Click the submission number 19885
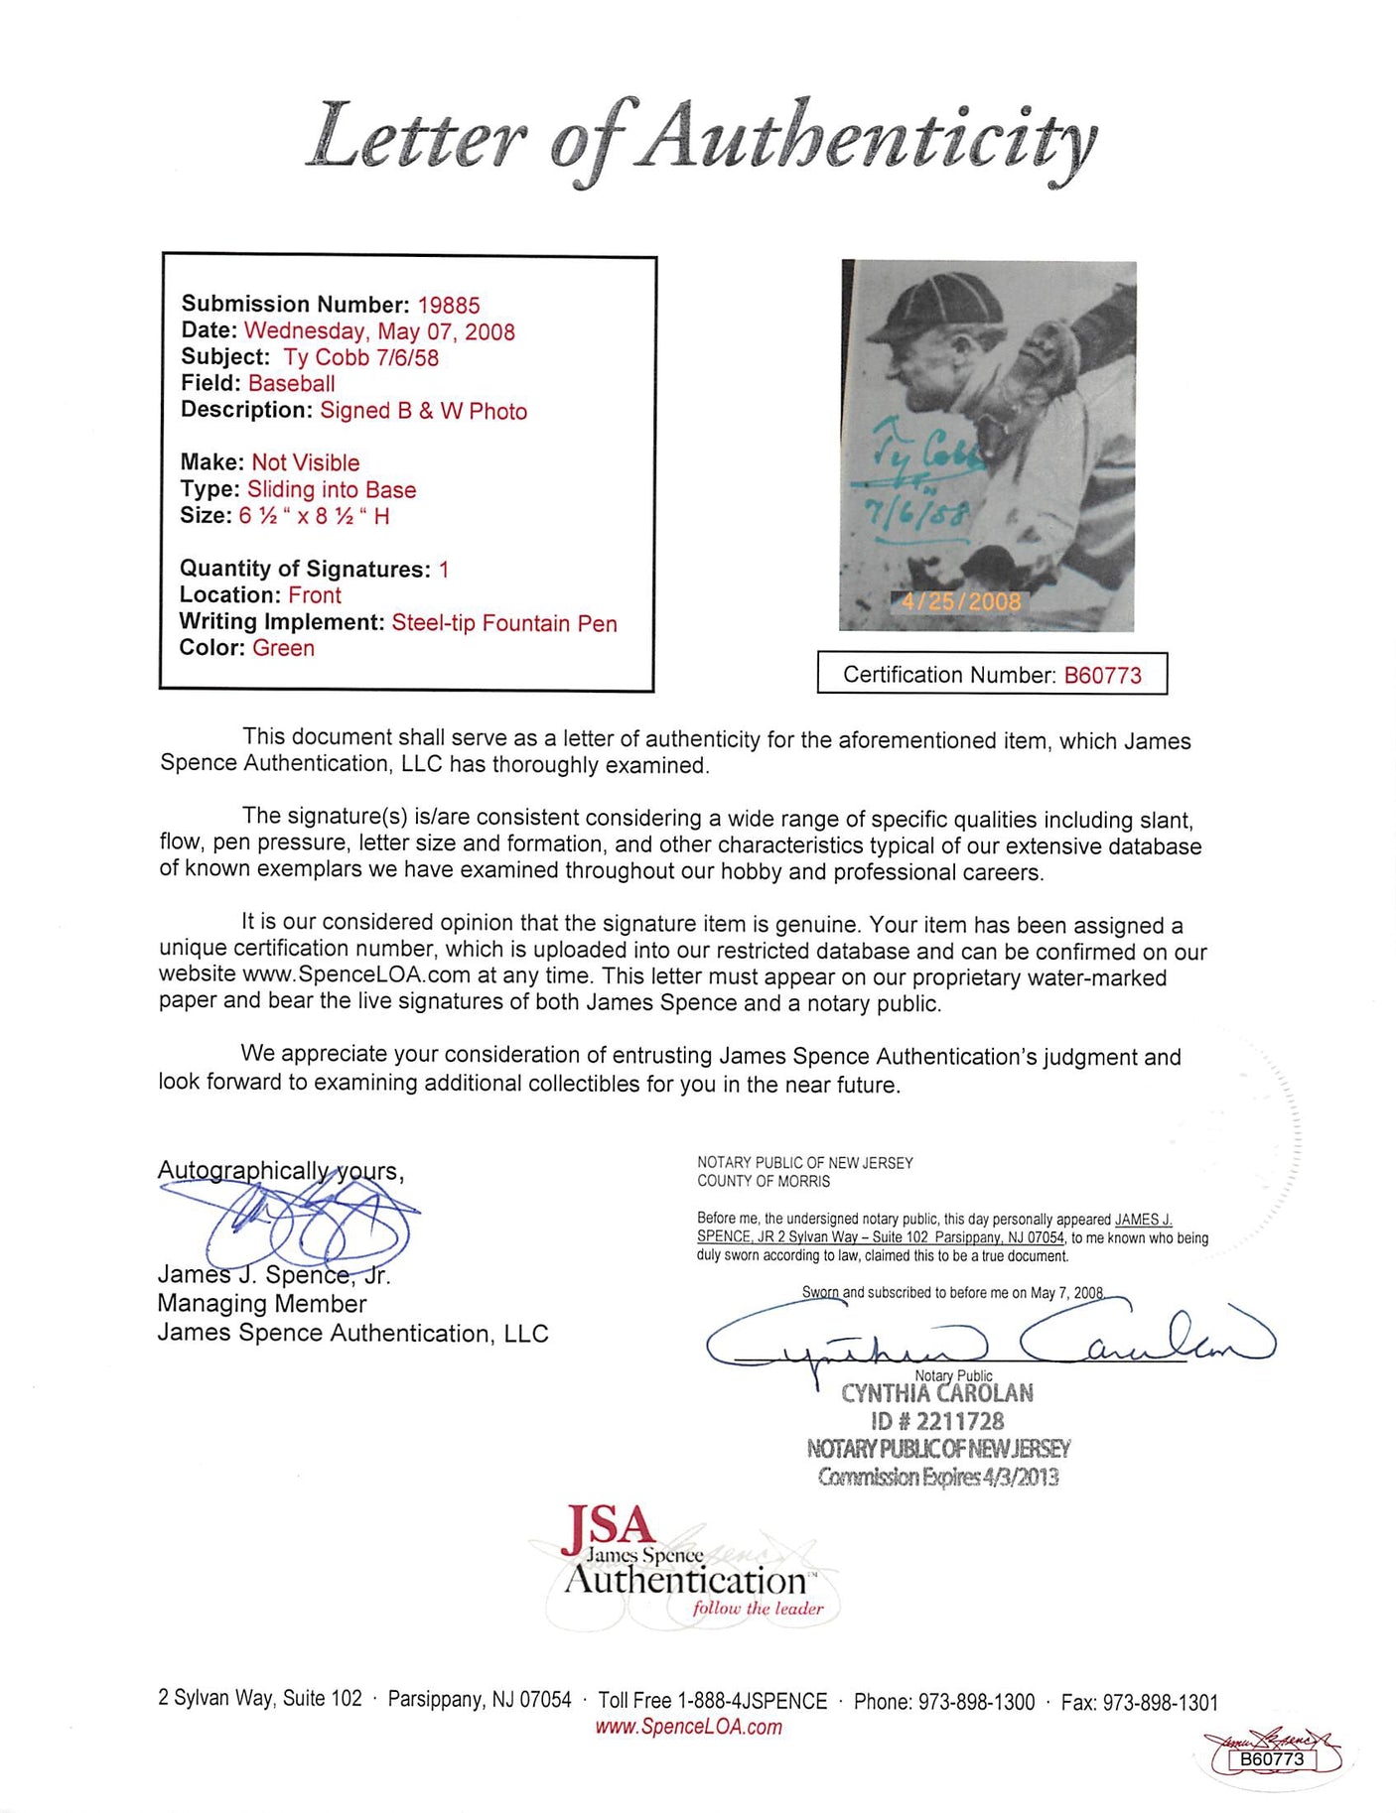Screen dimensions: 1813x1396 [x=448, y=305]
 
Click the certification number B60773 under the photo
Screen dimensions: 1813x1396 [x=1102, y=675]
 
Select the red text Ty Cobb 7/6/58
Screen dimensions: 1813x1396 [x=360, y=357]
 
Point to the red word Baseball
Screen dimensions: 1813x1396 [x=291, y=383]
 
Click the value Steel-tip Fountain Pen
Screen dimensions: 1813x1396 [x=504, y=622]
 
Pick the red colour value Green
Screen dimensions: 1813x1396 [x=283, y=648]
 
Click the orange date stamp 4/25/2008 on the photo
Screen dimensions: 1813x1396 [x=960, y=601]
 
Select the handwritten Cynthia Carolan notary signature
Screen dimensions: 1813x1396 [x=988, y=1340]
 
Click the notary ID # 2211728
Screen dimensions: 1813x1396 [x=937, y=1421]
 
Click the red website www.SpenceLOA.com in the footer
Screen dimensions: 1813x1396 [x=688, y=1727]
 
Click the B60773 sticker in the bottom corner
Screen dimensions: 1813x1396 [x=1272, y=1759]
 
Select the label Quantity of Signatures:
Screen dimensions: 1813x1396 [x=305, y=569]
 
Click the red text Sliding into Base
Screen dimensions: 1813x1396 [x=332, y=489]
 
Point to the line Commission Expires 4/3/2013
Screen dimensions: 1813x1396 [x=937, y=1477]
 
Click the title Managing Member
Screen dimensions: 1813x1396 [x=262, y=1304]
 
